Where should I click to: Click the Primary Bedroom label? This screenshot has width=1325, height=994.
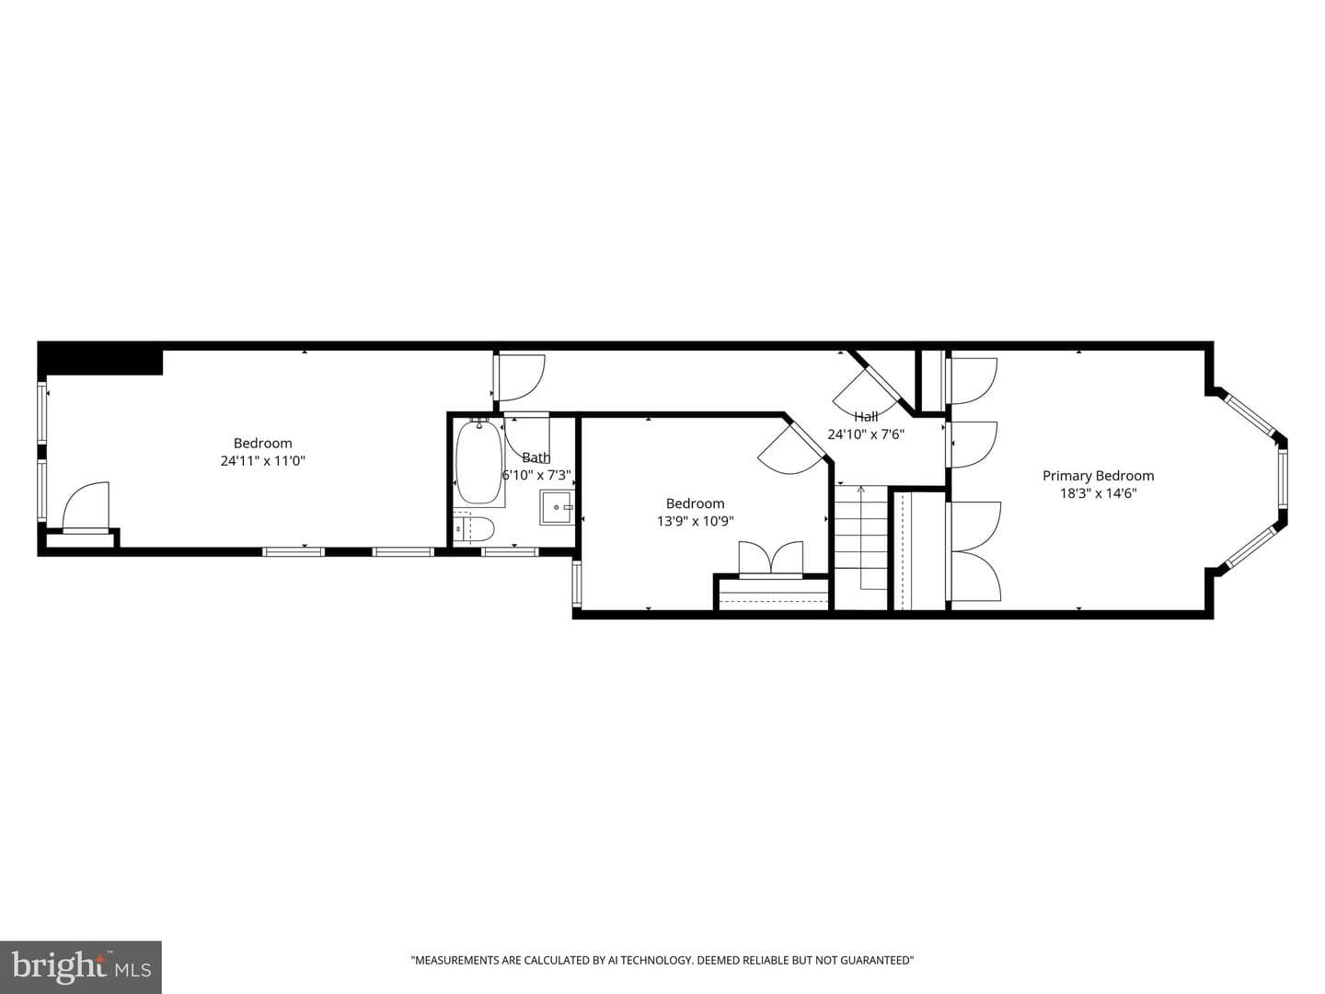point(1098,476)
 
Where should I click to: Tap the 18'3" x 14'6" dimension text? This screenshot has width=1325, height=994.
point(1098,493)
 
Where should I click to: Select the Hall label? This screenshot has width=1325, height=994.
point(866,416)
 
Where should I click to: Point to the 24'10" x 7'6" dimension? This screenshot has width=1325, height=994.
point(866,433)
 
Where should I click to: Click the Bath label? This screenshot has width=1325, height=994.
point(536,457)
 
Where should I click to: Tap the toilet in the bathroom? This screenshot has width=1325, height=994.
point(474,529)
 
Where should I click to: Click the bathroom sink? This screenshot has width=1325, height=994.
point(556,507)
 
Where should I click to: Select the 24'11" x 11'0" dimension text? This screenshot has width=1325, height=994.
point(262,461)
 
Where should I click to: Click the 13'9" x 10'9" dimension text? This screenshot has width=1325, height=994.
point(696,521)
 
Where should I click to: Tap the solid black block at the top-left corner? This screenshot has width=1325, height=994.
point(100,359)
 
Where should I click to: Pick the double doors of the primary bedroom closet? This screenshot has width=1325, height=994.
point(974,551)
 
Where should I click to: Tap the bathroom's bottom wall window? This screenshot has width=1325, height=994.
point(510,551)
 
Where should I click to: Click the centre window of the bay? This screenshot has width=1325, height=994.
point(1281,480)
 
